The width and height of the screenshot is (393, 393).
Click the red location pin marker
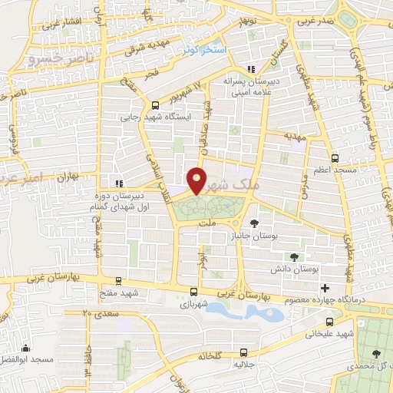[197, 180]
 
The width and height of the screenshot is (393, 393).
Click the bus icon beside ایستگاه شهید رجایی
[156, 105]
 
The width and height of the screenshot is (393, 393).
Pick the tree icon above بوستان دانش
[294, 256]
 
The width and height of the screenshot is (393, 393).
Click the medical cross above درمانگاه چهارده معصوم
[325, 287]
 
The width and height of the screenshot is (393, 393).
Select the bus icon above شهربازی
[193, 292]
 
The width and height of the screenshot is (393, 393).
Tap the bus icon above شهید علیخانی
[329, 322]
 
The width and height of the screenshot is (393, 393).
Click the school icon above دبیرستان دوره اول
[117, 183]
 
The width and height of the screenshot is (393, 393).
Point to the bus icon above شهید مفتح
[117, 281]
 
